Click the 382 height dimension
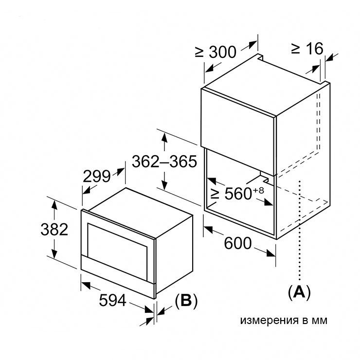pos(54,229)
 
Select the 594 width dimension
pos(112,300)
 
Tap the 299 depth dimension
pos(97,176)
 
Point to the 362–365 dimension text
pos(164,162)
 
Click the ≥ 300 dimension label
pos(216,52)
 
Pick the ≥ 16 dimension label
pos(307,49)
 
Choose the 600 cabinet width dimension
pos(238,243)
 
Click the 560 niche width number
pos(238,194)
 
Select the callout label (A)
pos(299,293)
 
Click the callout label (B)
pos(186,301)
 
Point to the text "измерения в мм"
pos(284,320)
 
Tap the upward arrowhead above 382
pos(54,205)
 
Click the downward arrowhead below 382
pos(54,253)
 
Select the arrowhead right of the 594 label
pos(149,309)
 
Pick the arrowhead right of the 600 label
pos(271,253)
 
